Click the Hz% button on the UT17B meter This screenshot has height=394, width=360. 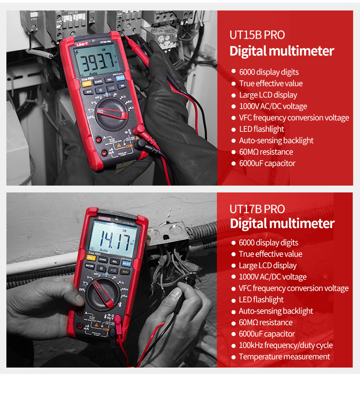(x=125, y=272)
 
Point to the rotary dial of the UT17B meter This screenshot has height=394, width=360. (x=104, y=294)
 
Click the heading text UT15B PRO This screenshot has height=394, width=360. (x=257, y=35)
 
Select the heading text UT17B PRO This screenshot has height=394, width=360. (x=257, y=209)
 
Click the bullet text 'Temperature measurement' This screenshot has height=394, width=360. (x=284, y=357)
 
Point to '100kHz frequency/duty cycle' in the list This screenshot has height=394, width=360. (x=285, y=345)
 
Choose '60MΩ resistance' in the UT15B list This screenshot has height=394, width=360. (x=266, y=152)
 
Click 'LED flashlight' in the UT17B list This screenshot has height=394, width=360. (x=261, y=300)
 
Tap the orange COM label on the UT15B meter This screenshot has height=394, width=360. (x=129, y=146)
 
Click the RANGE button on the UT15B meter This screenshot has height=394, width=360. (x=98, y=81)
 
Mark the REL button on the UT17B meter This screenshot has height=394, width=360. (x=115, y=262)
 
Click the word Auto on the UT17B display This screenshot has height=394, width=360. (x=103, y=250)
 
